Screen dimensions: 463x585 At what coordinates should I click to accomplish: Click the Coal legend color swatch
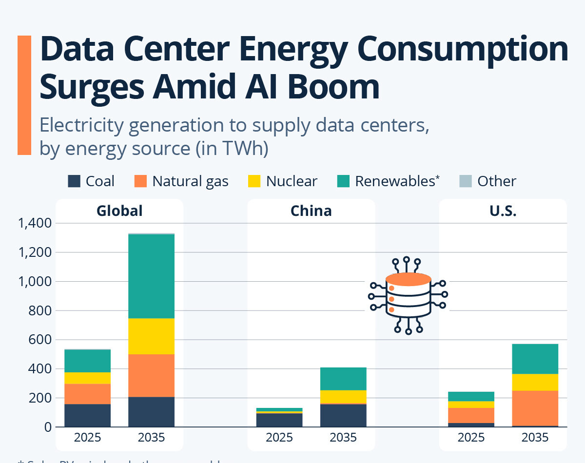tap(74, 181)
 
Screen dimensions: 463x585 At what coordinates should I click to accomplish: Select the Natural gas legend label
tap(190, 181)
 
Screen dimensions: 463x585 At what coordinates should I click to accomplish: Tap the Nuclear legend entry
tap(292, 181)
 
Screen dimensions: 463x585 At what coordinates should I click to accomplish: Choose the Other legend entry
tap(496, 181)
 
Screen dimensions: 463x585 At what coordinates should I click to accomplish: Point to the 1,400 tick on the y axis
tap(34, 223)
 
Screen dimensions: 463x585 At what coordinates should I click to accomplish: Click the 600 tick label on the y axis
tap(41, 340)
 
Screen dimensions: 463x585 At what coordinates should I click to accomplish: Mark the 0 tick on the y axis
tap(48, 427)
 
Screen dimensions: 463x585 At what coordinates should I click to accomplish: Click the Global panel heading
tap(119, 211)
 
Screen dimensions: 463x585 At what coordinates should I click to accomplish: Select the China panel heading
tap(311, 211)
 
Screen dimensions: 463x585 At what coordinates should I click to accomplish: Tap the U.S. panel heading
tap(503, 211)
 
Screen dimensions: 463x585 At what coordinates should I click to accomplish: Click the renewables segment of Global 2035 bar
tap(151, 276)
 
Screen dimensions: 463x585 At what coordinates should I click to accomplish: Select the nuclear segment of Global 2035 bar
tap(151, 336)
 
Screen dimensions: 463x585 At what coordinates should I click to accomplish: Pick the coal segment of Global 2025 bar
tap(87, 415)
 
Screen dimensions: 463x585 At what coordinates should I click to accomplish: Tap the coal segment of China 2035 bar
tap(343, 415)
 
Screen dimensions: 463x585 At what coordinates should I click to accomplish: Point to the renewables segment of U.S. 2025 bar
tap(471, 396)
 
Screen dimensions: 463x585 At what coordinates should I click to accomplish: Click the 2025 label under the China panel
tap(279, 438)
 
